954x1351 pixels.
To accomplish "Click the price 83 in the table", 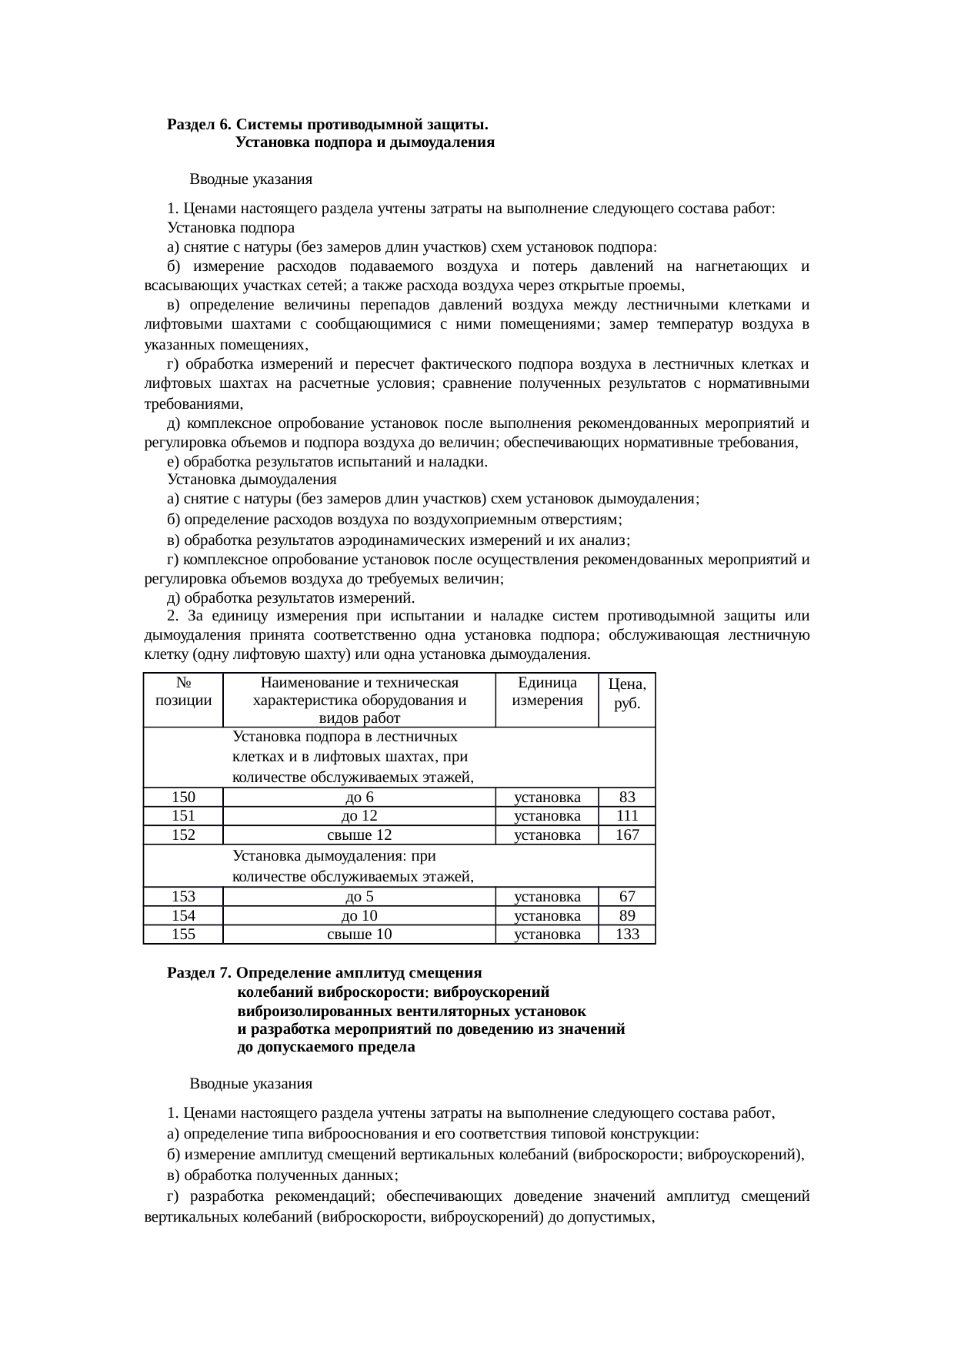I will coord(627,798).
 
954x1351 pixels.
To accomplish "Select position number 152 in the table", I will coord(183,835).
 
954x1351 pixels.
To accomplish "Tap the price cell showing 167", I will coord(627,835).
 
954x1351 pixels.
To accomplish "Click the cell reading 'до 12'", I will coord(359,816).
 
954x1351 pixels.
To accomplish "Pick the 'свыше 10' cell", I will coord(359,935).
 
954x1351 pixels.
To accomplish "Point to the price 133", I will coord(627,935).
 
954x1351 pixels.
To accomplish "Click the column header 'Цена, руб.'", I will coord(627,694).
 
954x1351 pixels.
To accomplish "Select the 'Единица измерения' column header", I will coord(547,692).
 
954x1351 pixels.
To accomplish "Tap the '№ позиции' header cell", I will coord(183,692).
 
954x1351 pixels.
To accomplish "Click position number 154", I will coord(183,916).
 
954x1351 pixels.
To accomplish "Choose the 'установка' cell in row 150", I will coord(547,798).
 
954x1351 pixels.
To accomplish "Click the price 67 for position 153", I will coord(627,897).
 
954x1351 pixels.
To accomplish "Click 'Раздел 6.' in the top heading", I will coord(199,125).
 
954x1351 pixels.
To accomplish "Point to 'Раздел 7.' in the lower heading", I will coord(199,973).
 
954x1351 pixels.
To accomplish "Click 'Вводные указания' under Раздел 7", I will coord(251,1084).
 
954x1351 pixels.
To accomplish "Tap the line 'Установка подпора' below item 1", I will coord(231,228).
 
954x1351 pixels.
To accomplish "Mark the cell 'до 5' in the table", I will coord(359,897).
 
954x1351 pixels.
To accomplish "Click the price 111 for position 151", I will coord(627,816).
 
